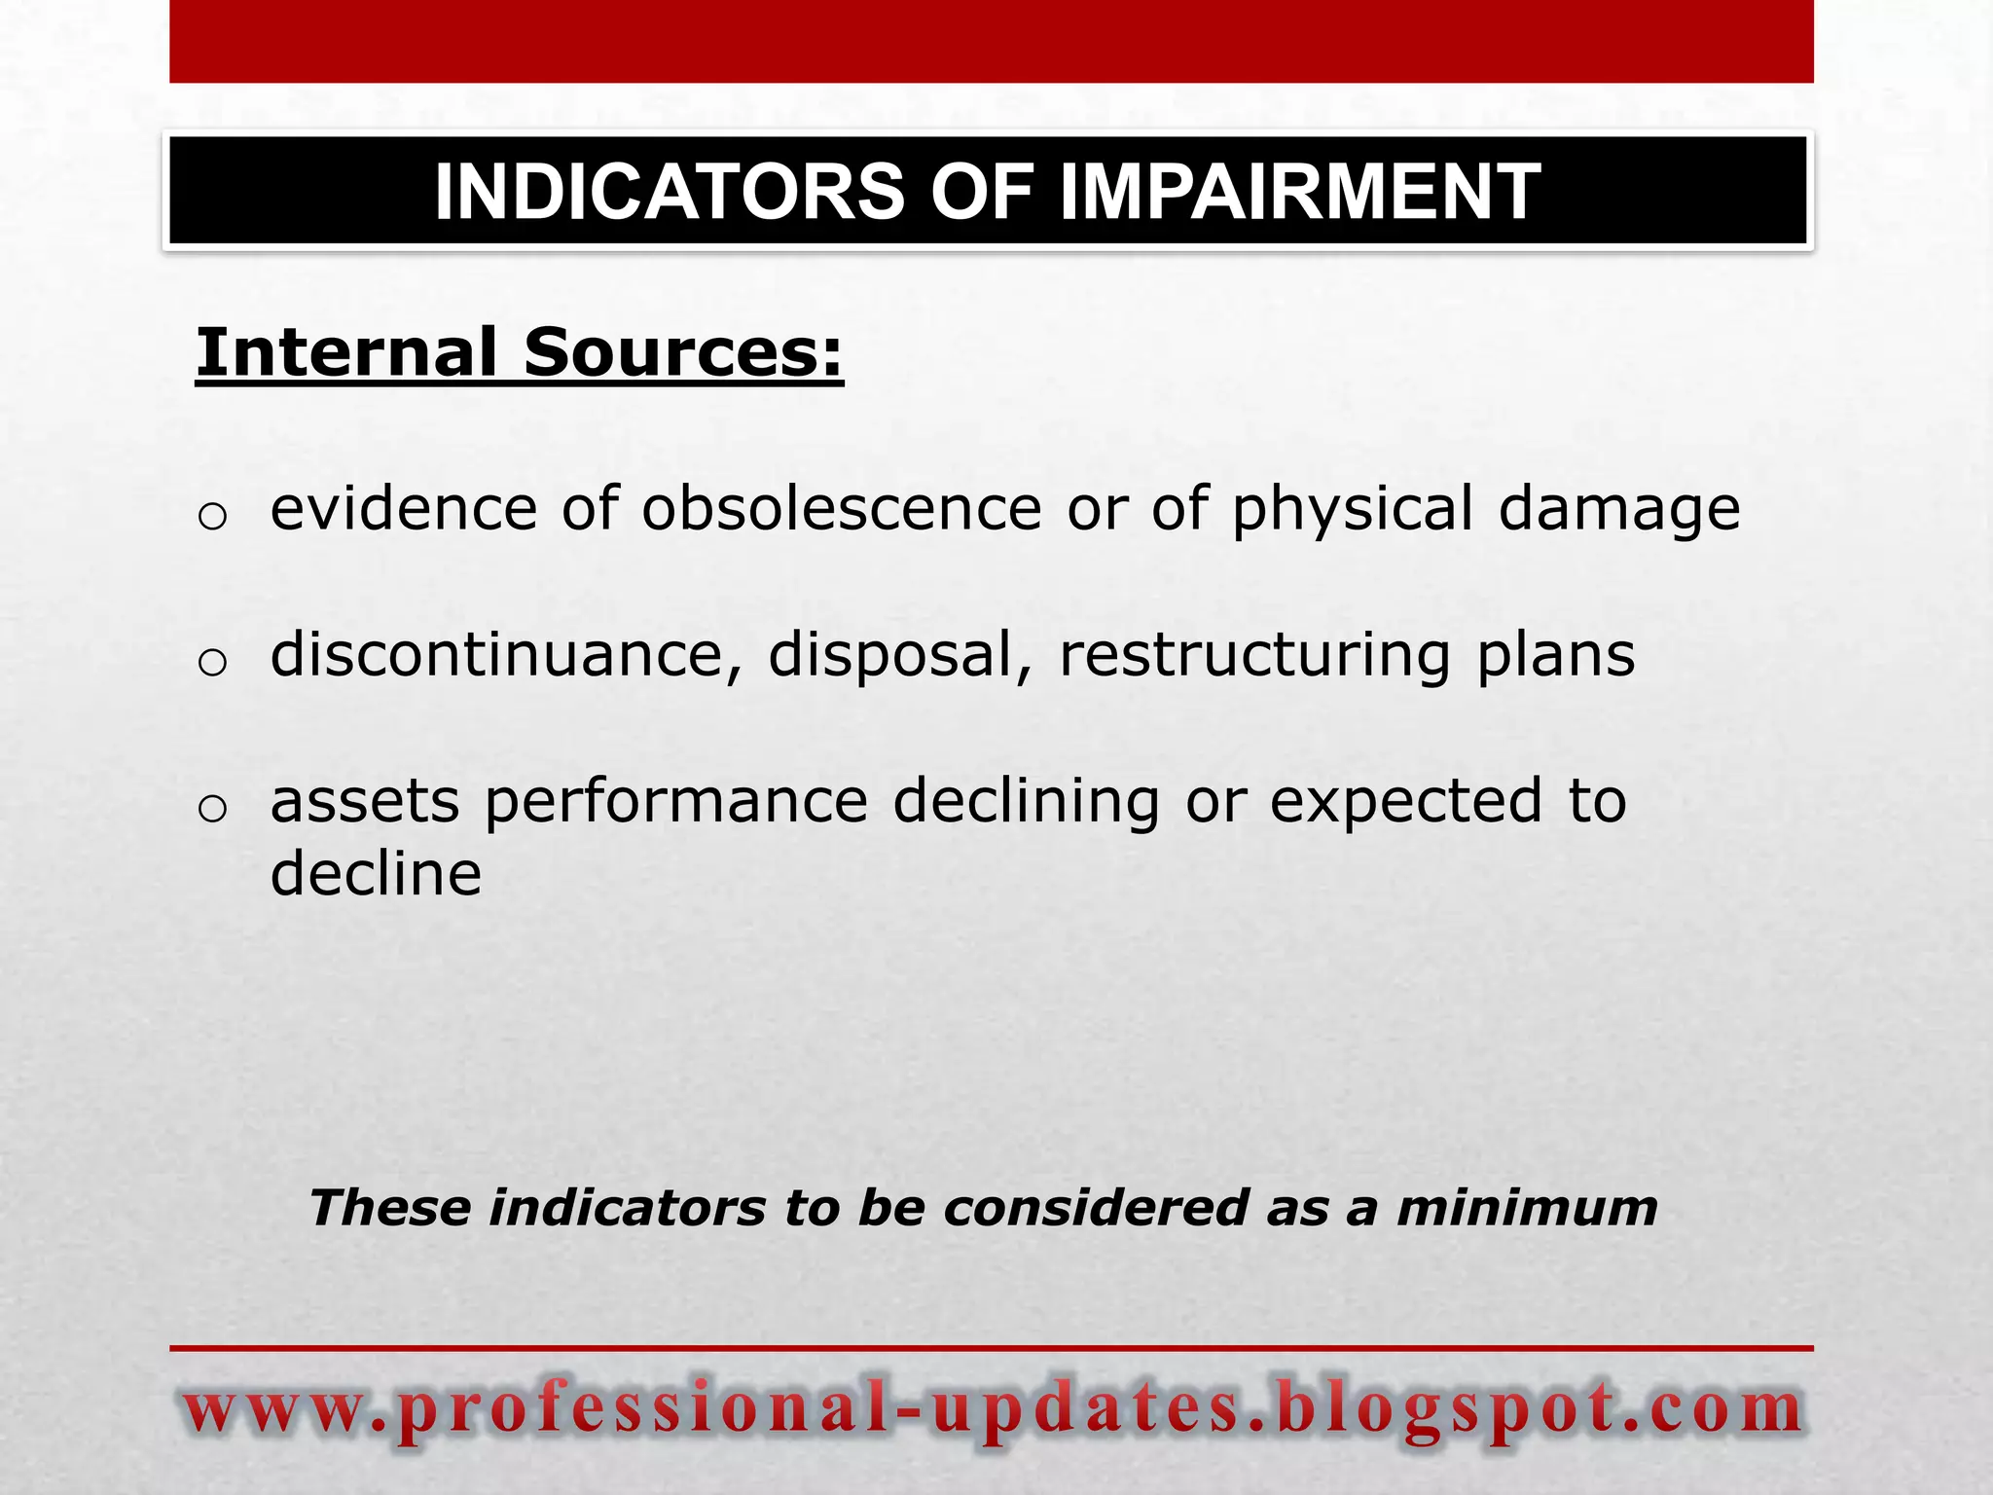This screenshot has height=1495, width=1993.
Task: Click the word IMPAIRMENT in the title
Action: coord(1300,192)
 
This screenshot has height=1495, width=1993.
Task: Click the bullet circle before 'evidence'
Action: coord(212,516)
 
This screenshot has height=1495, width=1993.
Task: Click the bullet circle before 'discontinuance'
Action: coord(212,663)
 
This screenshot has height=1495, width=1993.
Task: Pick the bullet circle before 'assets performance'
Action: coord(212,809)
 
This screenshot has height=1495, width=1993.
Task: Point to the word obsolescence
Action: coord(842,508)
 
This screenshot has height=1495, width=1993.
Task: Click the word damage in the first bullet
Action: coord(1619,510)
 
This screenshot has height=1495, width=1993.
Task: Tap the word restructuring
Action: coord(1255,656)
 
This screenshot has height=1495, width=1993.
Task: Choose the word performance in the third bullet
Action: coord(676,802)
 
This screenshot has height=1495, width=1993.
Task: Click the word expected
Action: coord(1406,802)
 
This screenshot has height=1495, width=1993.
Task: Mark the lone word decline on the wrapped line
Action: coord(376,873)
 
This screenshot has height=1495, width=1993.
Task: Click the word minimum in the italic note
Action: coord(1527,1208)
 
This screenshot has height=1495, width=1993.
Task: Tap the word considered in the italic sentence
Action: coord(1096,1208)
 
